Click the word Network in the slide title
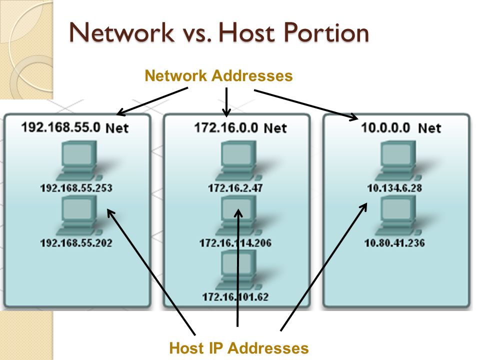[x=121, y=32]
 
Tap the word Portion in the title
[x=326, y=32]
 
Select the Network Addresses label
[x=218, y=75]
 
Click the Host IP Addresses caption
[x=239, y=348]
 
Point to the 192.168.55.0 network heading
[x=75, y=127]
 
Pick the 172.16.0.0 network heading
[x=240, y=127]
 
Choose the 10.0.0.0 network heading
[x=401, y=127]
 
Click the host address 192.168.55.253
[x=76, y=187]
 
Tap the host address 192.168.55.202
[x=76, y=243]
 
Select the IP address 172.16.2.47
[x=235, y=187]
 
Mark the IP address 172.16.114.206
[x=235, y=243]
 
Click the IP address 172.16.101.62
[x=235, y=296]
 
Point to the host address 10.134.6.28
[x=394, y=187]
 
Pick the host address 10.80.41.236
[x=394, y=243]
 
